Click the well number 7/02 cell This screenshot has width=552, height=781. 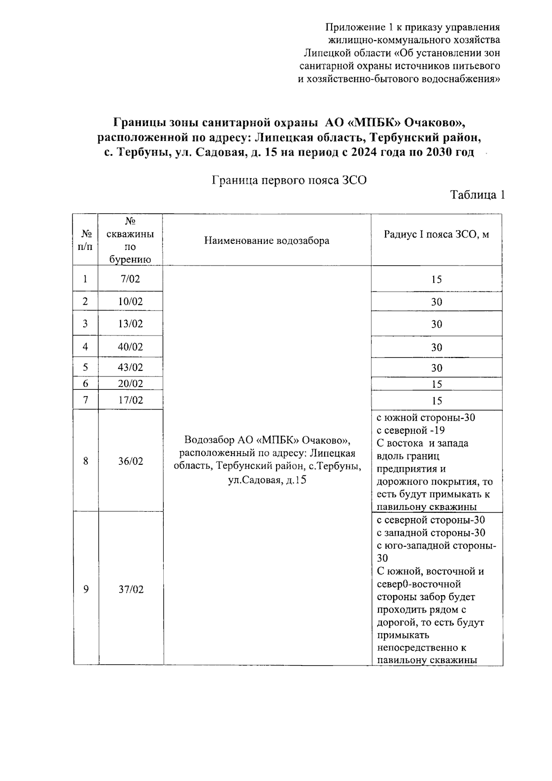coord(130,279)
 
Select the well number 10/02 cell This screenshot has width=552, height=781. coord(130,301)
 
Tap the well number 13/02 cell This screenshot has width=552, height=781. coord(130,324)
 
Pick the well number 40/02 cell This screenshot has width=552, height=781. coord(130,347)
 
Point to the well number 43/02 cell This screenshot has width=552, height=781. coord(130,367)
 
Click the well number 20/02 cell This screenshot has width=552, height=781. coord(130,383)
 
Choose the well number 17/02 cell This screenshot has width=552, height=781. coord(130,400)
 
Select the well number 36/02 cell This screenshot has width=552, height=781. coord(130,461)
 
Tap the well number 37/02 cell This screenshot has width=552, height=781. coord(131,590)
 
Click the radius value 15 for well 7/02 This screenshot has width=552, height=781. coord(436,279)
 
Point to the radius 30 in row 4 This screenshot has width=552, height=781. coord(436,347)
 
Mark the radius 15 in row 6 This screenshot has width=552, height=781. coord(436,384)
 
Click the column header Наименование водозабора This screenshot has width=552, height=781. coord(267,241)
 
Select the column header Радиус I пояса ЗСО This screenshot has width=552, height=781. coord(436,235)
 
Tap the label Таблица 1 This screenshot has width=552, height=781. coord(477,195)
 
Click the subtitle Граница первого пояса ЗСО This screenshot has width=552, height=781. coord(289,180)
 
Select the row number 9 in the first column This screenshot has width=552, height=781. coord(86,590)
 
